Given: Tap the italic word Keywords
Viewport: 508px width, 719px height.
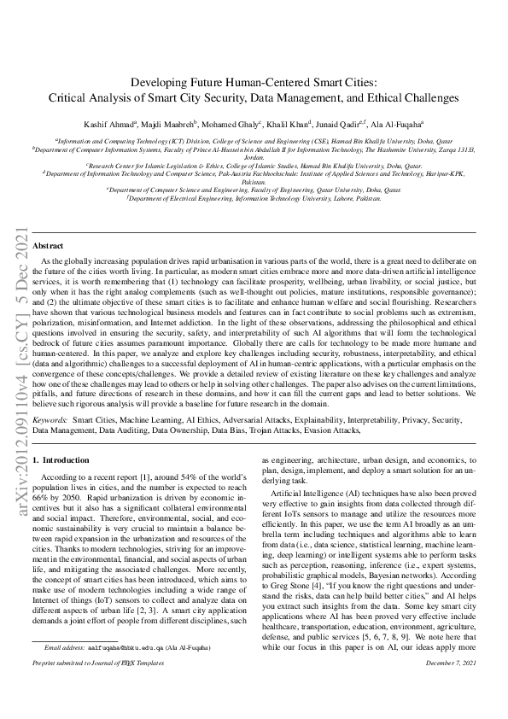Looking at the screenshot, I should [50, 422].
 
